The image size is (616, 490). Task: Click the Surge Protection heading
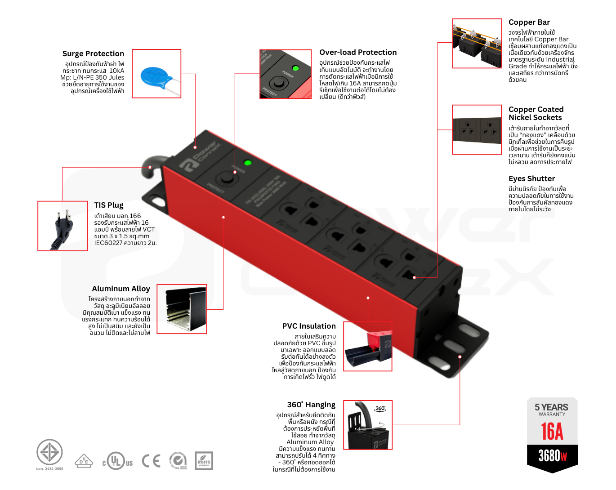pos(93,53)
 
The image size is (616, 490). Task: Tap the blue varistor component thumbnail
pos(156,74)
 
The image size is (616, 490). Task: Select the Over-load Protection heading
pos(358,52)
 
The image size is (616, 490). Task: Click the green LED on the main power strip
pos(247,163)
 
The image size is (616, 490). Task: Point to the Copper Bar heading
pos(529,22)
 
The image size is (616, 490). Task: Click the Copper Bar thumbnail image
pos(477,44)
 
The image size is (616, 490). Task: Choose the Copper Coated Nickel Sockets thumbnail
pos(477,130)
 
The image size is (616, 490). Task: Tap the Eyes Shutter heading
pos(531,178)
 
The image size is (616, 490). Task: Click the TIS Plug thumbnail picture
pos(62,226)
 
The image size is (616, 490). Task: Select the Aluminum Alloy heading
pos(121,289)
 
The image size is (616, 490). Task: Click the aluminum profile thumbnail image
pos(182,309)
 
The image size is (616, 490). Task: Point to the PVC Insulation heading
pos(309,326)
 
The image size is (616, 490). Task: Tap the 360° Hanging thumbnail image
pos(368,425)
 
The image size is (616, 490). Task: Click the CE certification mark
pos(151,461)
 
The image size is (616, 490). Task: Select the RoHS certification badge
pos(204,461)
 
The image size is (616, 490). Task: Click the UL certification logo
pos(117,461)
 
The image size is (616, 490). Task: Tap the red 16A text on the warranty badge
pos(552,432)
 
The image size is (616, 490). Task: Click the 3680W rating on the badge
pos(552,456)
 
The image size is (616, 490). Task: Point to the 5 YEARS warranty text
pos(551,407)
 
